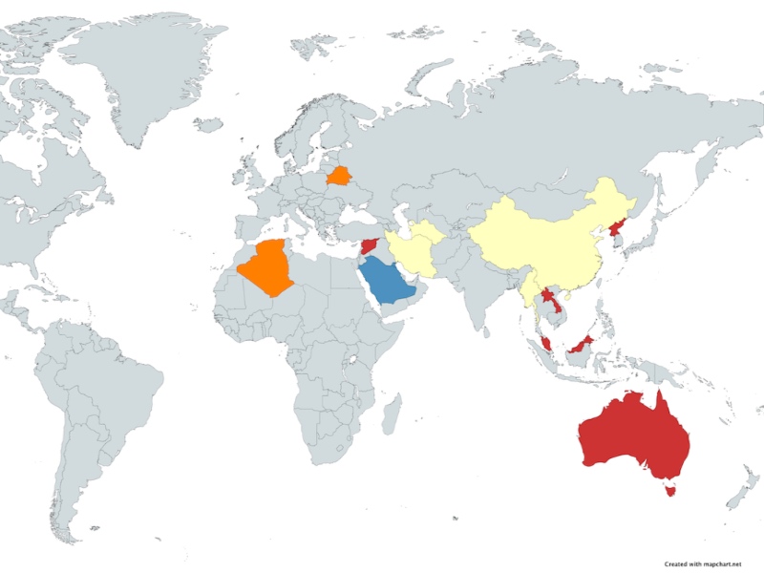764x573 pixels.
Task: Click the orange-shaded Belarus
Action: click(338, 176)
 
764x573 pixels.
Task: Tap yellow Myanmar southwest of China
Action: click(528, 286)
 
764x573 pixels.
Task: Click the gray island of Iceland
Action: click(207, 124)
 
